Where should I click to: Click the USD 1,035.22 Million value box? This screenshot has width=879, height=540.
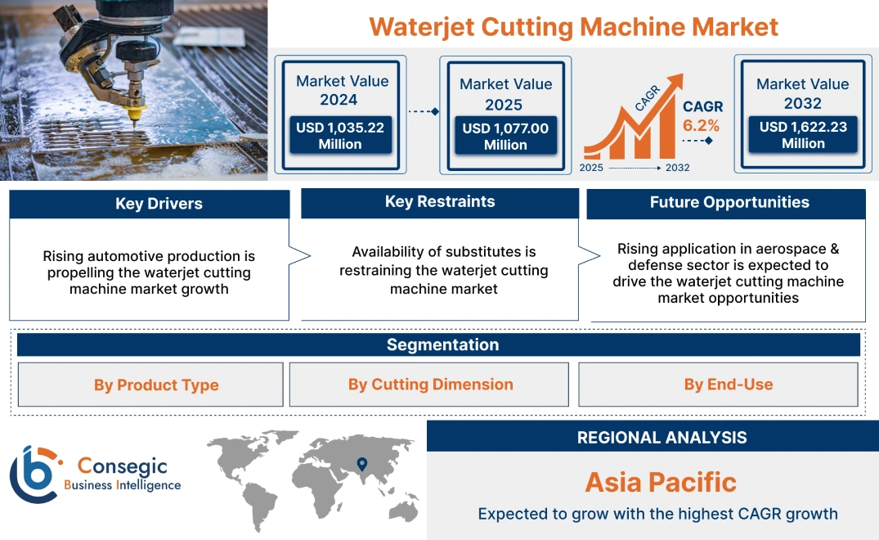click(x=339, y=136)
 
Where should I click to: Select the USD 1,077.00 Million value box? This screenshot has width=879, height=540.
click(x=505, y=137)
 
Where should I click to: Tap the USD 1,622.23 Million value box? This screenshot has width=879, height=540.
click(x=803, y=135)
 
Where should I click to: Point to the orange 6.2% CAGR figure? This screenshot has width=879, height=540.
click(x=701, y=125)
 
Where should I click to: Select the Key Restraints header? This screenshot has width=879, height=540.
click(x=440, y=202)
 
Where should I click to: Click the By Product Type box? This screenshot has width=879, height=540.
click(x=156, y=385)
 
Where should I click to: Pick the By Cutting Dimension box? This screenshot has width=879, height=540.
click(x=430, y=385)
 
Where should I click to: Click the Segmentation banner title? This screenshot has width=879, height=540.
click(x=442, y=344)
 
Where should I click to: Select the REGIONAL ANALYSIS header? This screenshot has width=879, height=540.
click(x=661, y=437)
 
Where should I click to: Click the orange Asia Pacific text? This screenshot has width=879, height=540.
click(x=661, y=482)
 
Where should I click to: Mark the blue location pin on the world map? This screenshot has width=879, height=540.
click(x=361, y=466)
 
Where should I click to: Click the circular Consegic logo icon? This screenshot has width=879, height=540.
click(x=34, y=475)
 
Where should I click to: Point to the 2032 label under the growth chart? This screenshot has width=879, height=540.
click(x=677, y=168)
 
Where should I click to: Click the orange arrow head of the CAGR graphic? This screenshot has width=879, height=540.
click(x=675, y=82)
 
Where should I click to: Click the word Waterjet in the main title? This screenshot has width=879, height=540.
click(x=420, y=27)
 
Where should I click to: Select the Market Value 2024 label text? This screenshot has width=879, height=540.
click(x=342, y=90)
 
